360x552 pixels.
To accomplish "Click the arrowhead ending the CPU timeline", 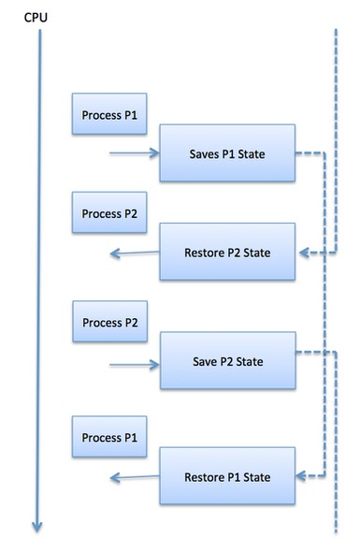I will click(37, 526).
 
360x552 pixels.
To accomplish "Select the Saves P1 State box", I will click(228, 153).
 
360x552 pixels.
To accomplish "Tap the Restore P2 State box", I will click(228, 252).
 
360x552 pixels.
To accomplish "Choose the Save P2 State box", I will click(228, 361).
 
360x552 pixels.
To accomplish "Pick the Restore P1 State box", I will click(228, 476).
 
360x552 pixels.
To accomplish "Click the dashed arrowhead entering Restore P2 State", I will click(303, 252).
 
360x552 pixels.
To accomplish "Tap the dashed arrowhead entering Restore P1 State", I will click(303, 476).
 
